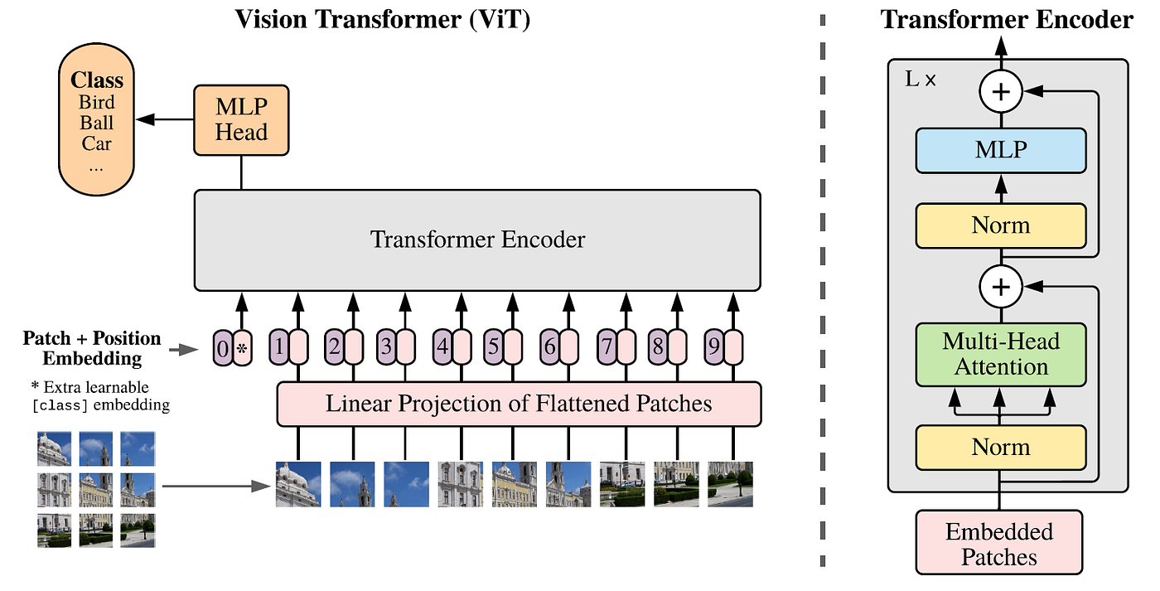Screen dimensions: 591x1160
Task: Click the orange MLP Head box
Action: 241,119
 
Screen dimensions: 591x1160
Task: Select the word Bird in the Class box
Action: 97,104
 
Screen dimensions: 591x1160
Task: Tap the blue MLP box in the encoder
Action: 1001,150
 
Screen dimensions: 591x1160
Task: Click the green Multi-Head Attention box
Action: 1001,355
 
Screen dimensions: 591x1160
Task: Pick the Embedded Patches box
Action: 999,543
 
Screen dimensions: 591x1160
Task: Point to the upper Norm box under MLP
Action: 1001,225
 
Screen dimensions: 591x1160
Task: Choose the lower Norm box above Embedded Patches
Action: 1001,447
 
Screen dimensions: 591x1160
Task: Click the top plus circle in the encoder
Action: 1001,92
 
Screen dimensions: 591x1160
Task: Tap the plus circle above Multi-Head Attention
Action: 1001,288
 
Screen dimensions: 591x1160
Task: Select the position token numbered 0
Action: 222,349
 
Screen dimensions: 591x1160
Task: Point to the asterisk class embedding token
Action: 242,349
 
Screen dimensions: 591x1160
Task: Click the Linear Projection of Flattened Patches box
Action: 519,404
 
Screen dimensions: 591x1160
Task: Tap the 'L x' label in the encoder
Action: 920,81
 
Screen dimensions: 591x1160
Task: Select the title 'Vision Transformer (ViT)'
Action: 382,18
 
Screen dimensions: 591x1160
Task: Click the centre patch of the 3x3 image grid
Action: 96,489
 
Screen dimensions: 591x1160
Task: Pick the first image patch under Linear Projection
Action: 297,484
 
